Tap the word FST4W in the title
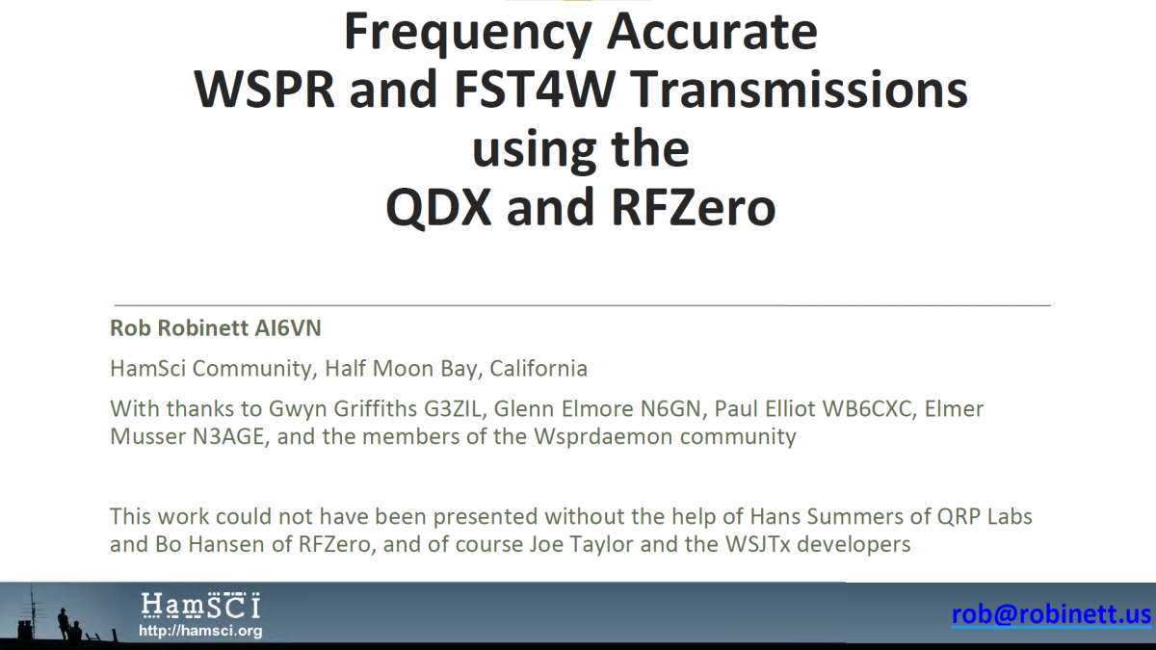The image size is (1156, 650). pyautogui.click(x=534, y=90)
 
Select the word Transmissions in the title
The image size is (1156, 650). pyautogui.click(x=799, y=90)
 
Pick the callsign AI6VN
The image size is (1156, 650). pyautogui.click(x=288, y=328)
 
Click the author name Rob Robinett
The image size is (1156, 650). pyautogui.click(x=179, y=328)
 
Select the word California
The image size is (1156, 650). pyautogui.click(x=539, y=369)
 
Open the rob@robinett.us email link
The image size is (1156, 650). pyautogui.click(x=1051, y=614)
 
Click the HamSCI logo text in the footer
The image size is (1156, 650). pyautogui.click(x=200, y=606)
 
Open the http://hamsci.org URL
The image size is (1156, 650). pyautogui.click(x=200, y=631)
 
